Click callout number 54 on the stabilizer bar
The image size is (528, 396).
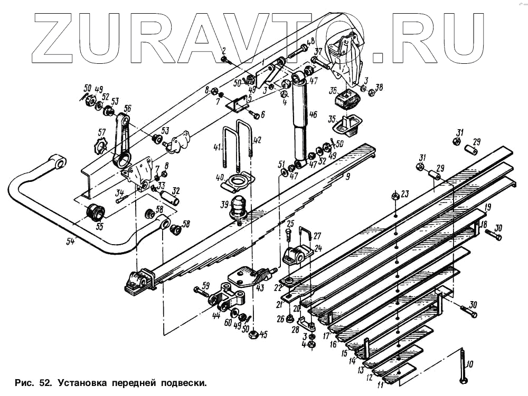(x=71, y=242)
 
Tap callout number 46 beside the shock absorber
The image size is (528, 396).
(x=313, y=114)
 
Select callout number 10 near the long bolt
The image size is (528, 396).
(x=470, y=364)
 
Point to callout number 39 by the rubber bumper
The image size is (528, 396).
(x=224, y=205)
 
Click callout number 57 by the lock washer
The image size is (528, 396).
(x=102, y=132)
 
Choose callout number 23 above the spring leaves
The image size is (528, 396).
(x=405, y=194)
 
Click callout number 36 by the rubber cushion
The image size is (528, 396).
(x=333, y=90)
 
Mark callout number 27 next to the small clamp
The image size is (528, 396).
(x=316, y=236)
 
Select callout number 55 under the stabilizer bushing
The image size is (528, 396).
(x=99, y=227)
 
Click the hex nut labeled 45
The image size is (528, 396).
(x=253, y=334)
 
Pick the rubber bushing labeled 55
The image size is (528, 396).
(x=96, y=212)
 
